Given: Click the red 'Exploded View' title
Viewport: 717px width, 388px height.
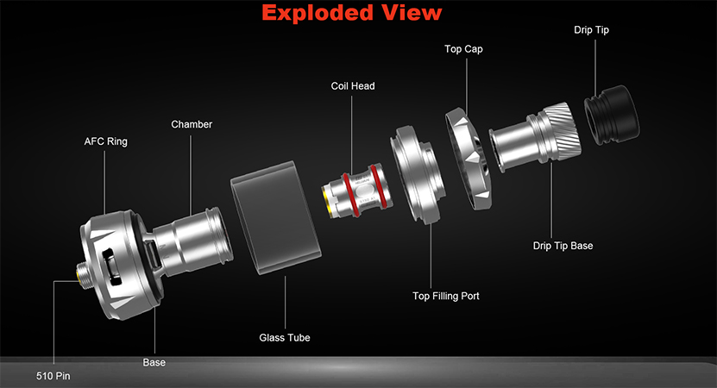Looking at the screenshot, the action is coord(352,13).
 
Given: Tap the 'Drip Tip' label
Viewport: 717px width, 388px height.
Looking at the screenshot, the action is coord(591,30).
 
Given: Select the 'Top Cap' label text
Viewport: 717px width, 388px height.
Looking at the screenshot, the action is coord(463,49).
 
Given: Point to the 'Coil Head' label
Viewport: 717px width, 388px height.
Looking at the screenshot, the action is coord(353,86).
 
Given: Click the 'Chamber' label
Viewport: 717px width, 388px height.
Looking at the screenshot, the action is coord(192,124).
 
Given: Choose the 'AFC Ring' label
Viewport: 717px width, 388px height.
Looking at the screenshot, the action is coord(105,141).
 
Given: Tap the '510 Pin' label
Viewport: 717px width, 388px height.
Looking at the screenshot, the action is coord(53,376).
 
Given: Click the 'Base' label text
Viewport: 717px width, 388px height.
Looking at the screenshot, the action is coord(154,362).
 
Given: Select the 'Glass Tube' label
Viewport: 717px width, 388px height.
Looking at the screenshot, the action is coord(285,338).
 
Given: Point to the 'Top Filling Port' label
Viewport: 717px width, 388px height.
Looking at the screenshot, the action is coord(446,296).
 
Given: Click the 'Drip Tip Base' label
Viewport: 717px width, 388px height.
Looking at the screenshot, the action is coord(563,246).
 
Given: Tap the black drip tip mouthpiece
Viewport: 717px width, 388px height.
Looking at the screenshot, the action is coord(612,115).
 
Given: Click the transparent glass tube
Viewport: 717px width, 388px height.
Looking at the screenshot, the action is coord(276,217).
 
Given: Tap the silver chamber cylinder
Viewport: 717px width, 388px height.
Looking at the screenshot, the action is coord(192,241).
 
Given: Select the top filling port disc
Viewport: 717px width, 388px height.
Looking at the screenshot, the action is coord(417,174).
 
